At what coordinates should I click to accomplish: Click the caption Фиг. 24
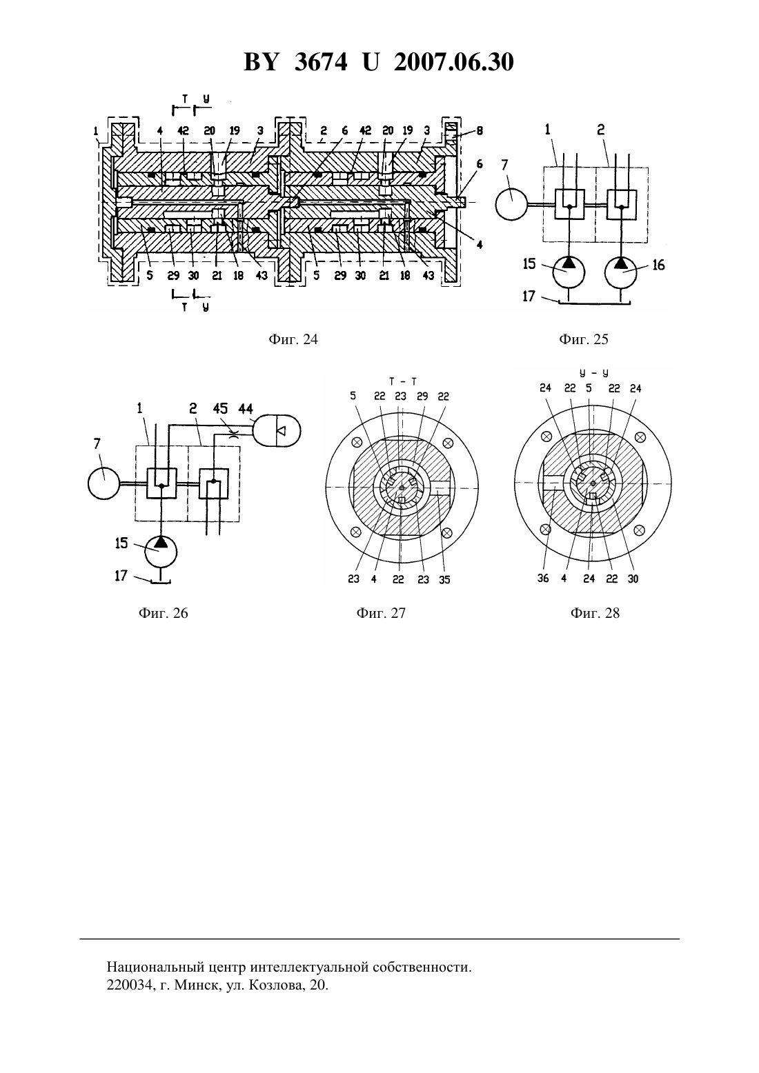pyautogui.click(x=293, y=340)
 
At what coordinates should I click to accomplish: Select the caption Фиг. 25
pyautogui.click(x=583, y=340)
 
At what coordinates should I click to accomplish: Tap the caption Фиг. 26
pyautogui.click(x=163, y=613)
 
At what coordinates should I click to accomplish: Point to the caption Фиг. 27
pyautogui.click(x=380, y=613)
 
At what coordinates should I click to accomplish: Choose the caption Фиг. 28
pyautogui.click(x=595, y=613)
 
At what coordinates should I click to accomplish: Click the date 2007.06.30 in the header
pyautogui.click(x=454, y=62)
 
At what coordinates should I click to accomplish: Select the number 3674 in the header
pyautogui.click(x=321, y=62)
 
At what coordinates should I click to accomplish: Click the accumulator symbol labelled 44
pyautogui.click(x=277, y=431)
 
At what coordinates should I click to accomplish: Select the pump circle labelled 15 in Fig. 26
pyautogui.click(x=161, y=552)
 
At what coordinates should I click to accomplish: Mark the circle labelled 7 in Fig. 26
pyautogui.click(x=103, y=484)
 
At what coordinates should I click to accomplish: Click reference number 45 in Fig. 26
pyautogui.click(x=220, y=409)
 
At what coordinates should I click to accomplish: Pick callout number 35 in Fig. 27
pyautogui.click(x=444, y=580)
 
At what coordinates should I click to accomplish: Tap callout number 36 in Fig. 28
pyautogui.click(x=542, y=579)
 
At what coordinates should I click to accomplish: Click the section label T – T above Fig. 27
pyautogui.click(x=402, y=382)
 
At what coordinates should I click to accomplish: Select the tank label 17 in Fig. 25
pyautogui.click(x=528, y=297)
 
